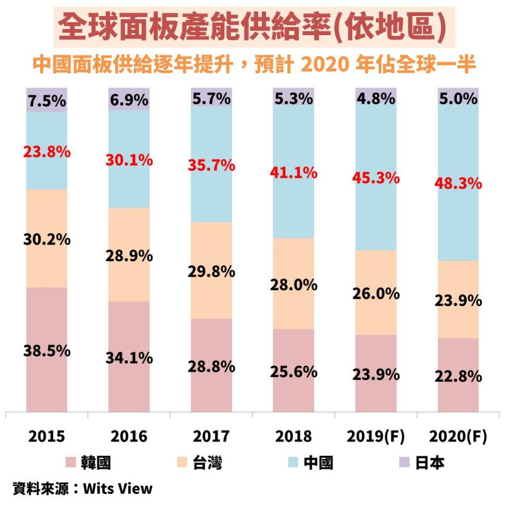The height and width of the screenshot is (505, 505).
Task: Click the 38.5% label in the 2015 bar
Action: (47, 352)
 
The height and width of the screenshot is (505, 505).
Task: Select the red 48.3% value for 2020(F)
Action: (458, 184)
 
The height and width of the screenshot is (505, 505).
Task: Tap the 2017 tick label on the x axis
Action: (211, 437)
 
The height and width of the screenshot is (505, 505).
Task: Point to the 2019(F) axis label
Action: (376, 437)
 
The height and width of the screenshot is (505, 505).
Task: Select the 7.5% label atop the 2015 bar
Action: (47, 102)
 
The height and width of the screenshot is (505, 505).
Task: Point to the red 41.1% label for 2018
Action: (293, 173)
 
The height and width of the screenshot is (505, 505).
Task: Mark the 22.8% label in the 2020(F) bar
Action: (458, 376)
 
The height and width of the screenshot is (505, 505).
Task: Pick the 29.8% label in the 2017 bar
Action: (211, 270)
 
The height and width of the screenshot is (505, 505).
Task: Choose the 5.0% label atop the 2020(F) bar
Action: (458, 99)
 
